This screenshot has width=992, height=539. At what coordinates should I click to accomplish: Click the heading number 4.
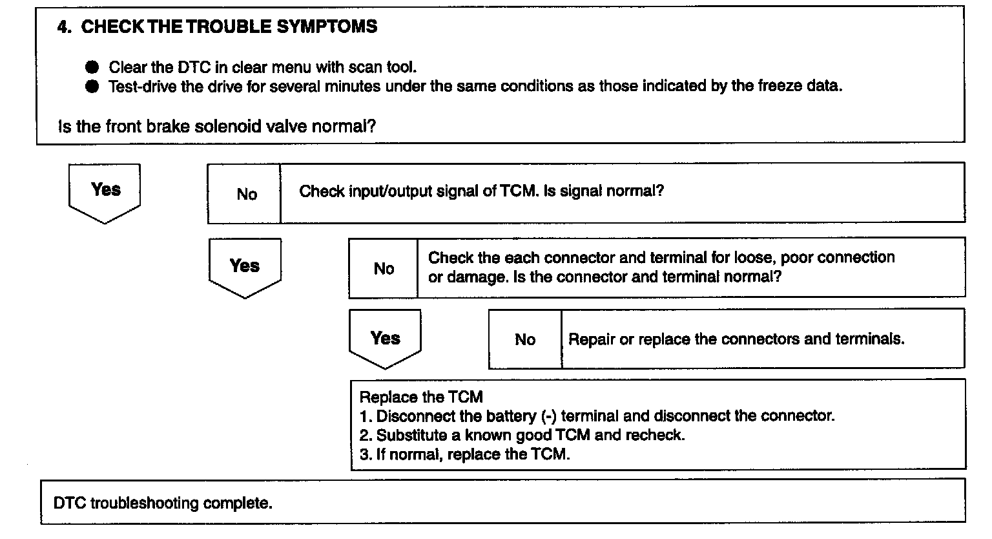click(63, 27)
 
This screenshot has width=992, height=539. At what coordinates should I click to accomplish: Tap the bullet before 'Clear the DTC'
click(92, 67)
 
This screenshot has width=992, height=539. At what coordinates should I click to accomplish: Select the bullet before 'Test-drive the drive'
click(92, 87)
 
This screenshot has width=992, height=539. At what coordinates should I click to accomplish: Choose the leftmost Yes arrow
click(105, 192)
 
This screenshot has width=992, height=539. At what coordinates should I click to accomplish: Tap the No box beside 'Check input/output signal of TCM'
click(246, 194)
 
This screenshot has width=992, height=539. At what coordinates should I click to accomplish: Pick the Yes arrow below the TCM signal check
click(245, 268)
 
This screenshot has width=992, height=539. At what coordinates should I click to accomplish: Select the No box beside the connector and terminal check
click(384, 269)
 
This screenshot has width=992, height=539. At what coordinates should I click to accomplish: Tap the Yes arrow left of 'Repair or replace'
click(385, 339)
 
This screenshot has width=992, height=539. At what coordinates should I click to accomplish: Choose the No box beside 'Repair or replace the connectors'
click(524, 339)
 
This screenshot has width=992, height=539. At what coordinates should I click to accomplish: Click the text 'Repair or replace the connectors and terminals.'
click(736, 339)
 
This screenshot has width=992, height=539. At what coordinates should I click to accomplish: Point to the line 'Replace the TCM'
click(421, 397)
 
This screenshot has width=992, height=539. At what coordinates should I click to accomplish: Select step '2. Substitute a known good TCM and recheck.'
click(522, 435)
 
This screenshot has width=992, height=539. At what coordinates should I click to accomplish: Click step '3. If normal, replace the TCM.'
click(464, 454)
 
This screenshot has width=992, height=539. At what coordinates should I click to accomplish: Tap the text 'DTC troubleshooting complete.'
click(163, 503)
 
